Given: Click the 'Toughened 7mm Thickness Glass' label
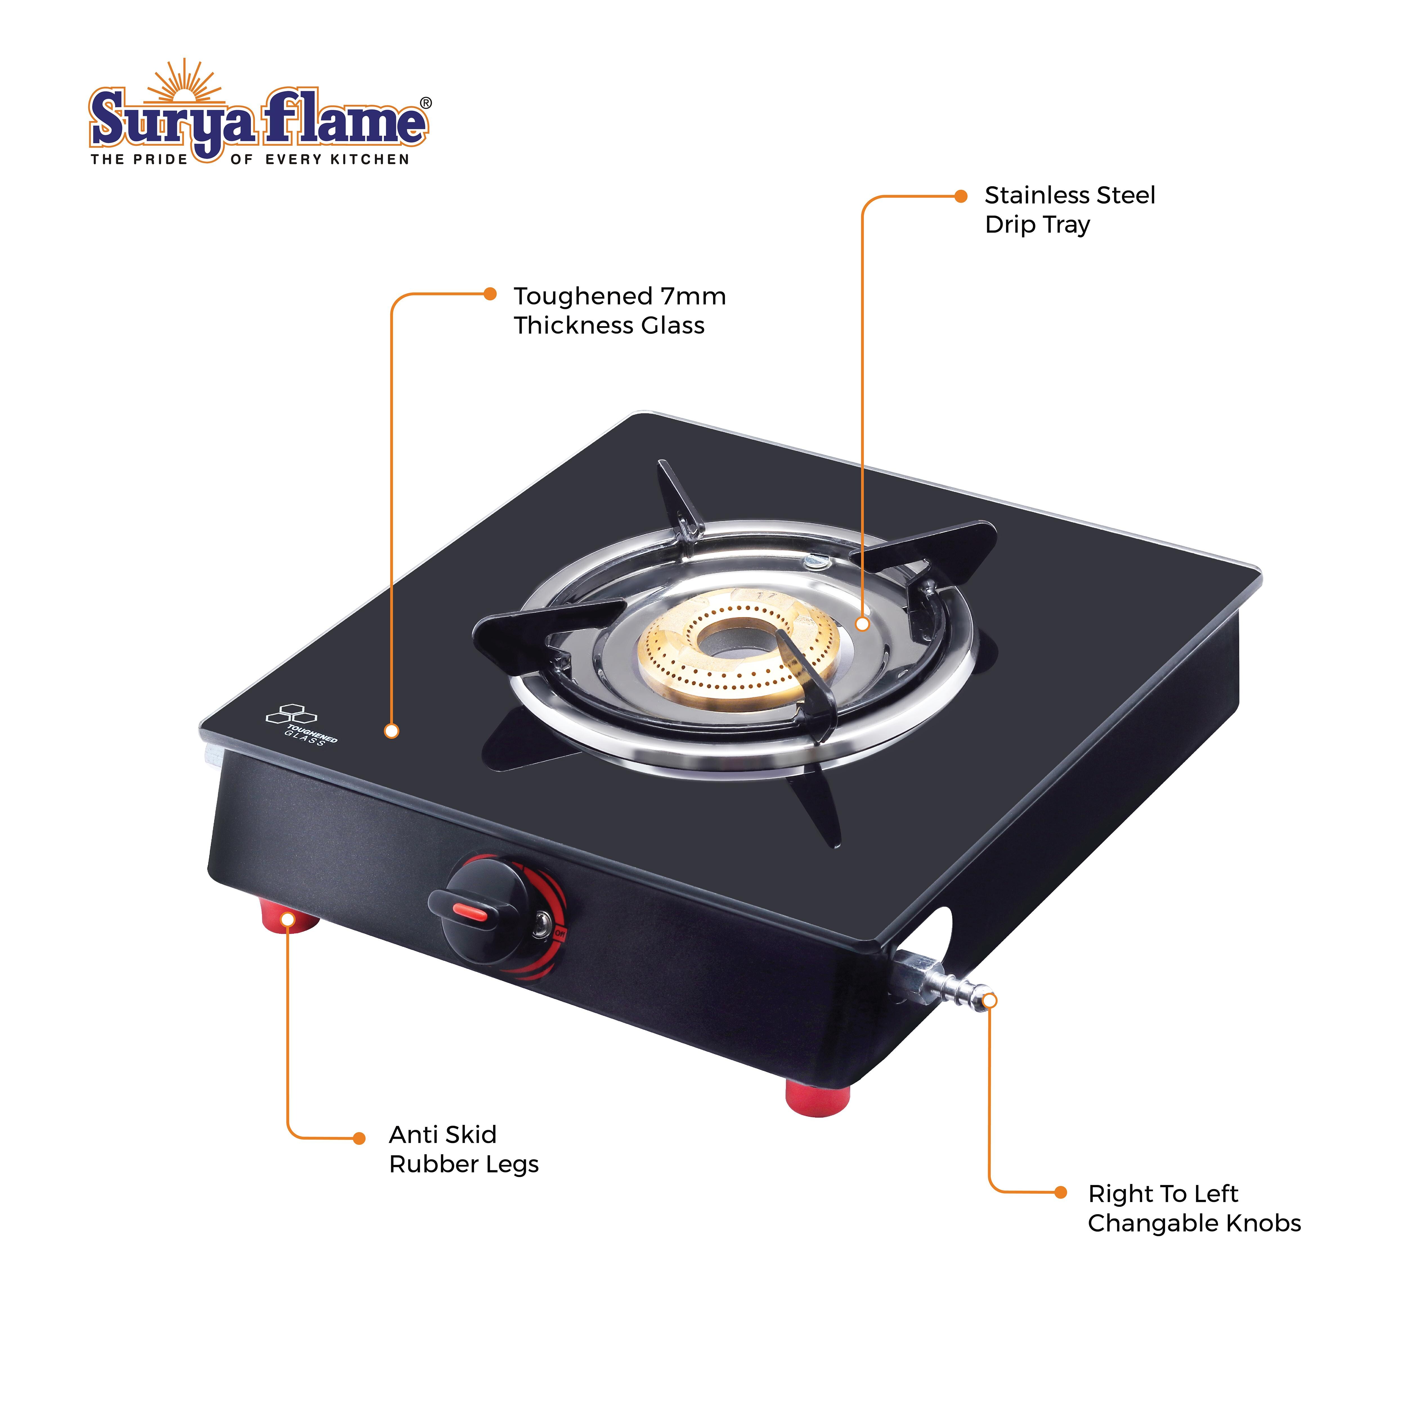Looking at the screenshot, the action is pyautogui.click(x=620, y=311).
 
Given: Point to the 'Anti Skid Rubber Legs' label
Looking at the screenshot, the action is pyautogui.click(x=464, y=1149).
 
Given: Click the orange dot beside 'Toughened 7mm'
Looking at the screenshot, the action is pyautogui.click(x=490, y=294).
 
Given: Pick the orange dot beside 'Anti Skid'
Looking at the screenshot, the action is pyautogui.click(x=359, y=1138).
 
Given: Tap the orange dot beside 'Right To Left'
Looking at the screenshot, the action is pyautogui.click(x=1061, y=1192).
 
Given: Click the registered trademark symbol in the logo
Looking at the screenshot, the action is pyautogui.click(x=426, y=103).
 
